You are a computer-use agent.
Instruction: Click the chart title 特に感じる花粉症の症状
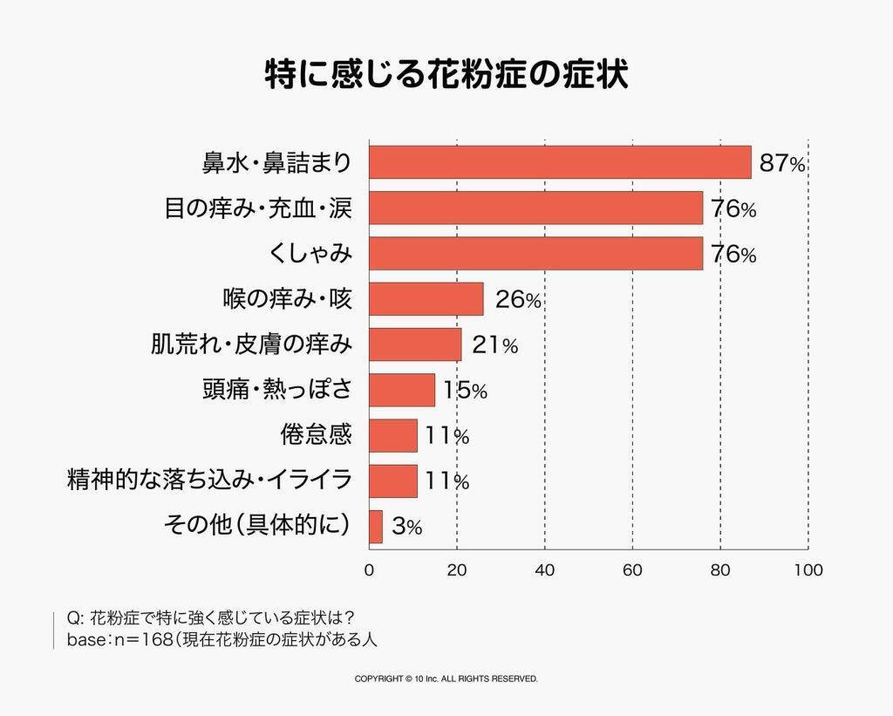[446, 74]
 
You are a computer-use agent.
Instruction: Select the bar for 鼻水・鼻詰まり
[560, 162]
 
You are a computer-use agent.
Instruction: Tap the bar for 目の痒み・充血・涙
[535, 208]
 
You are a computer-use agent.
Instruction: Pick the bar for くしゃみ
[535, 254]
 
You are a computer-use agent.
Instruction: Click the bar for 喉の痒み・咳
[426, 299]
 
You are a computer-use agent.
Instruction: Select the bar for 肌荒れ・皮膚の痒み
[415, 344]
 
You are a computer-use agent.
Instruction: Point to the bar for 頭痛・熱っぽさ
[402, 390]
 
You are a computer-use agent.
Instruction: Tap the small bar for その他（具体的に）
[376, 527]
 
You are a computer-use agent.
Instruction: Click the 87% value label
[782, 163]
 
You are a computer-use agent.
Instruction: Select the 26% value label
[518, 300]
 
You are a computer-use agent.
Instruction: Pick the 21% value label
[494, 345]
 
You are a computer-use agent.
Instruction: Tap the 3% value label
[407, 528]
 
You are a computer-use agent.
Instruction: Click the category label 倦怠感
[316, 434]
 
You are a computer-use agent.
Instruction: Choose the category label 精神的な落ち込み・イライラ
[209, 480]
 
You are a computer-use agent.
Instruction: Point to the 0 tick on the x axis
[370, 570]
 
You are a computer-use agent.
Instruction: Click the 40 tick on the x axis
[545, 570]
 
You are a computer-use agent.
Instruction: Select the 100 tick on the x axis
[808, 570]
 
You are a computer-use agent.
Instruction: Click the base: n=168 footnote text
[222, 639]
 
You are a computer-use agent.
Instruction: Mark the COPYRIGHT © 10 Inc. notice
[446, 678]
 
